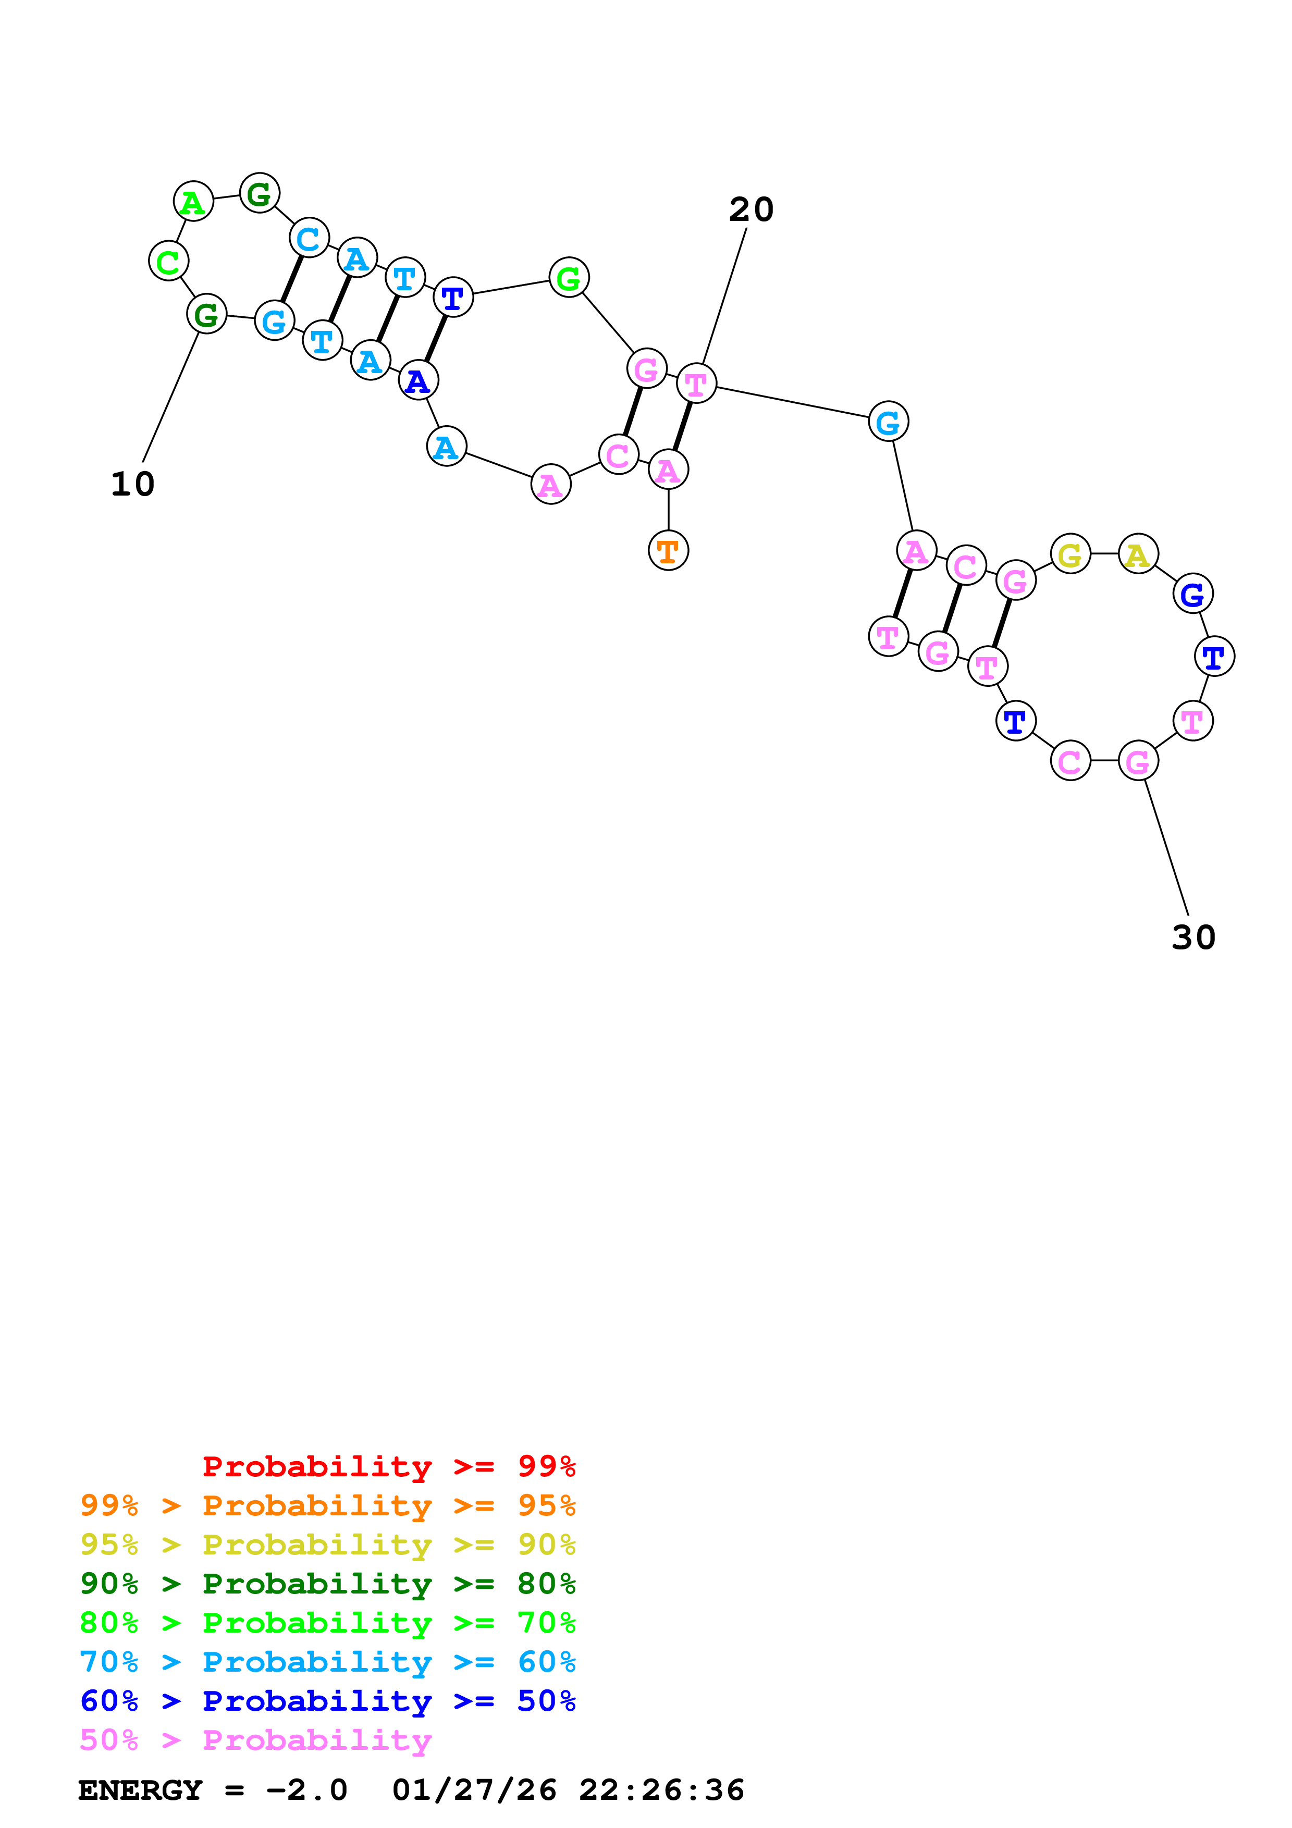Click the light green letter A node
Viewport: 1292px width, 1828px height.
pos(193,202)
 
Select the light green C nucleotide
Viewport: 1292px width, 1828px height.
pos(168,261)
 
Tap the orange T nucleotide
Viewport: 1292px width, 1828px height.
pos(668,551)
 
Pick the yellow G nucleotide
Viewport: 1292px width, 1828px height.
pos(1070,554)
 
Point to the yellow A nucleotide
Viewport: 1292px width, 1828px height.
pos(1138,554)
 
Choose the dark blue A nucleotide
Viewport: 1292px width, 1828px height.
pos(418,380)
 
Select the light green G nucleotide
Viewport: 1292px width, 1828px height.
pos(569,278)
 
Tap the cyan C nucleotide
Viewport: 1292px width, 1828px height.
pos(309,238)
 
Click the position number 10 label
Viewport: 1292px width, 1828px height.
pos(132,484)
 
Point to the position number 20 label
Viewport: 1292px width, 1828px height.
pos(750,210)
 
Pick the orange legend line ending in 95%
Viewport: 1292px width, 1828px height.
pos(327,1505)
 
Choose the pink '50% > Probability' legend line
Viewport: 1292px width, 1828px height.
pos(255,1739)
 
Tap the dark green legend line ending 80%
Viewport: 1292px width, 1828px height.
pos(327,1584)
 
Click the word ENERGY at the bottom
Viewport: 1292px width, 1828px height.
pos(140,1790)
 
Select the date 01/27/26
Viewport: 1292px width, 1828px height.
pos(474,1790)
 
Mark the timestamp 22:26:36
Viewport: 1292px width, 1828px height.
pos(661,1790)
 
